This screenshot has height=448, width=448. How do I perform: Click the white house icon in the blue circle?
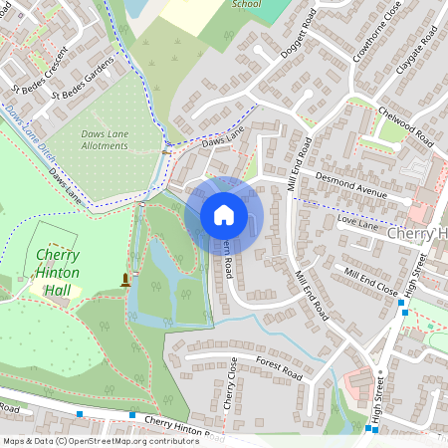224,215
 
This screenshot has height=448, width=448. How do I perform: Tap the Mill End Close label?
371,277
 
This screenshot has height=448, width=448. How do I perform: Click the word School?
246,4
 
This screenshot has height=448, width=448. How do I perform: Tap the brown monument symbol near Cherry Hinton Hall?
125,279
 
